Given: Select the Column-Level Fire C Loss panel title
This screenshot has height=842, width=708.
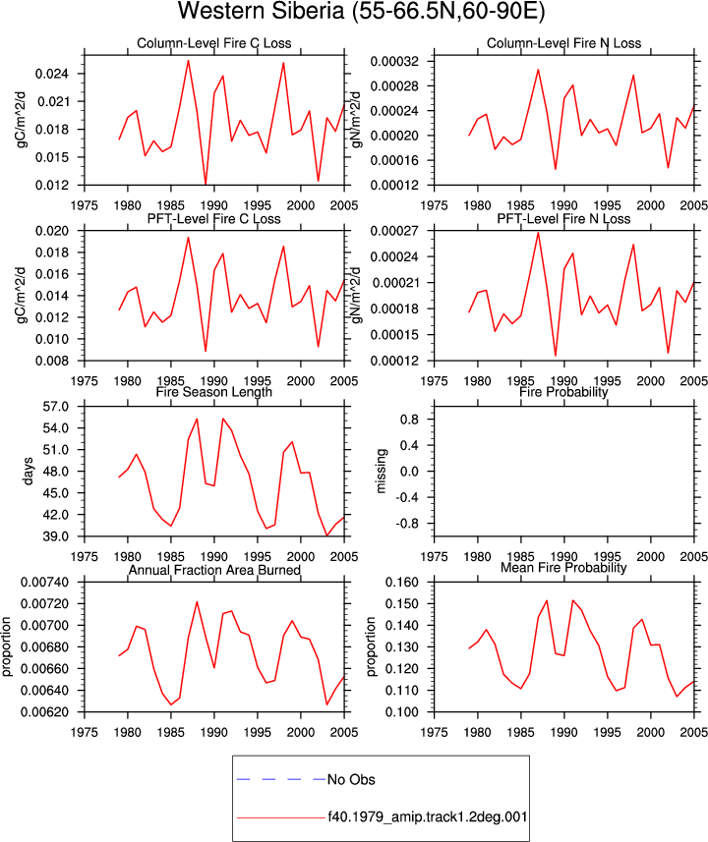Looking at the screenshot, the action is point(214,43).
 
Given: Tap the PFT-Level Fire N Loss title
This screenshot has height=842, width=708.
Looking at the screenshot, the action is point(563,219).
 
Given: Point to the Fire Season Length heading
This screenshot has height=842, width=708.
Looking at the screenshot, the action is point(214,392).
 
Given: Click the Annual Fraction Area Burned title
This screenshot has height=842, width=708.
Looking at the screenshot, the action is point(214,570).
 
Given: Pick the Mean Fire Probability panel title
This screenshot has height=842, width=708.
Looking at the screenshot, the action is point(563,568).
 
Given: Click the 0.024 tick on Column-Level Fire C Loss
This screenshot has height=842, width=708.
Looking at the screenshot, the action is point(52,74).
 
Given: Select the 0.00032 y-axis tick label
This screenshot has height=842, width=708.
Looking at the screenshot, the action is point(394,61).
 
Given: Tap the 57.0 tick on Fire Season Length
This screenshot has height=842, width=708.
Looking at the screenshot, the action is point(56,407).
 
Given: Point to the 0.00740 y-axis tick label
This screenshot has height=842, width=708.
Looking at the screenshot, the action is point(44,582).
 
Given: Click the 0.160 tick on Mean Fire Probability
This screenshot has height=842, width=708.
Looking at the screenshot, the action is point(402,582).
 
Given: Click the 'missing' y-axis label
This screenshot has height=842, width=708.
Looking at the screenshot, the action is point(381,471).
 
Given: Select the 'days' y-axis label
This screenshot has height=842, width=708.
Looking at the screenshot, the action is point(28,471).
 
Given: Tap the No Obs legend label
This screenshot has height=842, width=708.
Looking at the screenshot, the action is point(351,780).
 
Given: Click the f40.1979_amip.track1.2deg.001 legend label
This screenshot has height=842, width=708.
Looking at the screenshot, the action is point(428,817).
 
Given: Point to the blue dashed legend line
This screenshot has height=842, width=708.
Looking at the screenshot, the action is point(281,779).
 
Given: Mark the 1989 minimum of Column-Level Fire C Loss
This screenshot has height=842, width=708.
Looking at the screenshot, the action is point(206,184).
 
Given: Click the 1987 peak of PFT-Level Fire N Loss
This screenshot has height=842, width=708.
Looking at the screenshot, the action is point(538,232).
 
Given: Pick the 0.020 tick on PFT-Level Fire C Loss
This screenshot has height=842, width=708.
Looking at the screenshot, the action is point(52,231).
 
